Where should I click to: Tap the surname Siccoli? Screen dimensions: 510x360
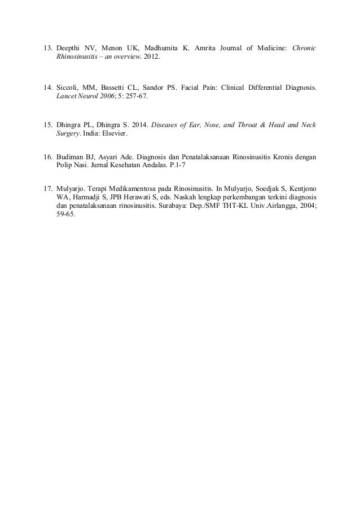(69, 89)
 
